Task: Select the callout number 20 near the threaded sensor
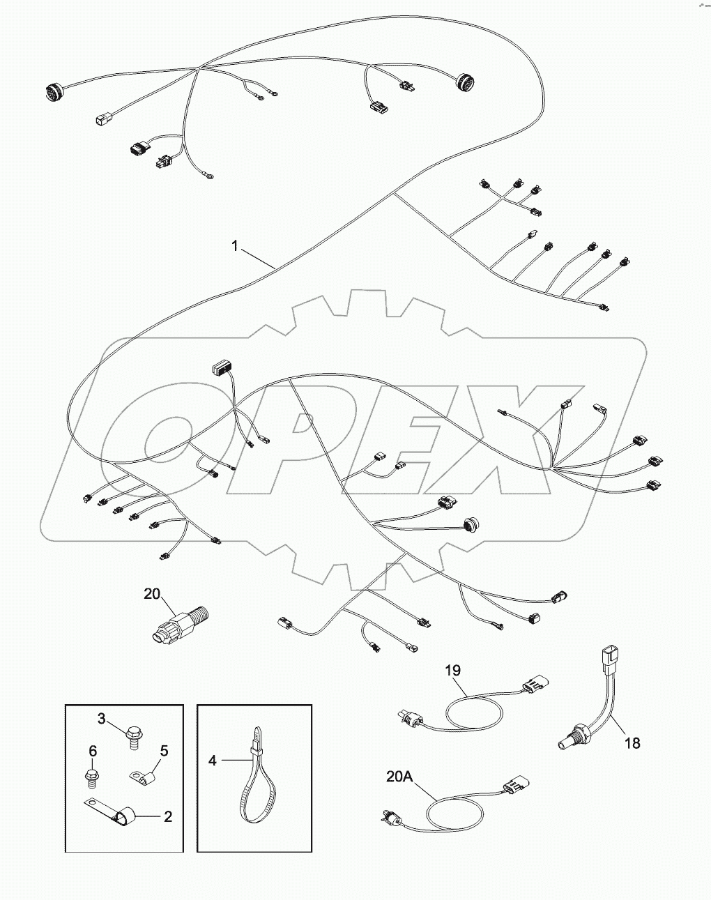pyautogui.click(x=152, y=594)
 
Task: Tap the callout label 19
pyautogui.click(x=453, y=671)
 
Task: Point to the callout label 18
pyautogui.click(x=632, y=743)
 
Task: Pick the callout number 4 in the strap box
pyautogui.click(x=212, y=760)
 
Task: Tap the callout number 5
pyautogui.click(x=165, y=751)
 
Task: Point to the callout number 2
pyautogui.click(x=168, y=816)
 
